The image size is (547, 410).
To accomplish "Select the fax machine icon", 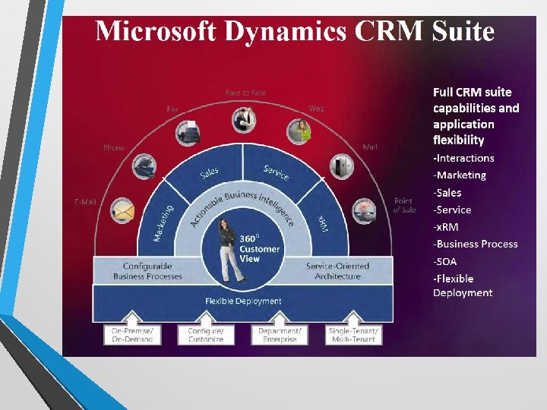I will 188,133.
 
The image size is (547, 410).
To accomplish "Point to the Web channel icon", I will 299,131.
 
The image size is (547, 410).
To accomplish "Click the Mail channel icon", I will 341,166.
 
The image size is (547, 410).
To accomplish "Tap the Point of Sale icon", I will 362,210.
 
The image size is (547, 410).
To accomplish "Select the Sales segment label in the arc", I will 210,174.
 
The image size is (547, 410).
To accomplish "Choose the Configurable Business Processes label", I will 147,271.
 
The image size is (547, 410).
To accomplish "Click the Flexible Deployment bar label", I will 243,301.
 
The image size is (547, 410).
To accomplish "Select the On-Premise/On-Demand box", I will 132,335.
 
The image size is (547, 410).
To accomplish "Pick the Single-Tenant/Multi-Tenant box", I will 353,335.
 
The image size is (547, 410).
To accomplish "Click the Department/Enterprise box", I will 280,335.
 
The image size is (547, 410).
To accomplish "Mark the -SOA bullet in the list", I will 445,261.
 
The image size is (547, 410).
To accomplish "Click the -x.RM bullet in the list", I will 446,227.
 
